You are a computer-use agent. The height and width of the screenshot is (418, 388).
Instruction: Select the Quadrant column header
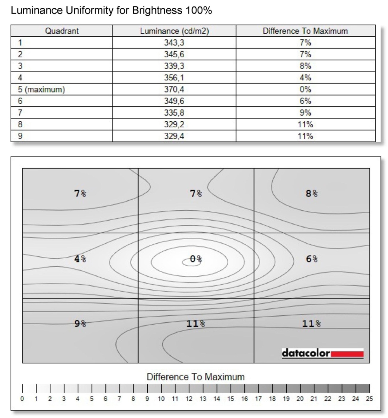[62, 32]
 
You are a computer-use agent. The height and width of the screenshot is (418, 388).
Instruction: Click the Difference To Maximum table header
[305, 32]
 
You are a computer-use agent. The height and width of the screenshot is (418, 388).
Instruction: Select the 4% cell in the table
[305, 78]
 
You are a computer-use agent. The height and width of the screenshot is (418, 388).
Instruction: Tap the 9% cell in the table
[305, 113]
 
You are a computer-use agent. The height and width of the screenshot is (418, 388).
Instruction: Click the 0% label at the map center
[196, 259]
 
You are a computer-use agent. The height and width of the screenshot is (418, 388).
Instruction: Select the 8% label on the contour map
[312, 193]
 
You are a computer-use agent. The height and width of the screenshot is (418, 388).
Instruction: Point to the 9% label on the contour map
[80, 324]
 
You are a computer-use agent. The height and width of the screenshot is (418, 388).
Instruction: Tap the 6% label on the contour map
[312, 259]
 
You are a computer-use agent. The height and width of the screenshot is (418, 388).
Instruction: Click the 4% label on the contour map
[80, 259]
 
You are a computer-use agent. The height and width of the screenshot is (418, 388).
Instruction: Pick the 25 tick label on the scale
[369, 398]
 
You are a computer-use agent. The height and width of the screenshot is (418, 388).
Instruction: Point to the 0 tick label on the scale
[22, 398]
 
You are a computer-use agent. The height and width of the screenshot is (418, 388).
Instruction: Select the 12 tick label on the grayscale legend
[189, 398]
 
